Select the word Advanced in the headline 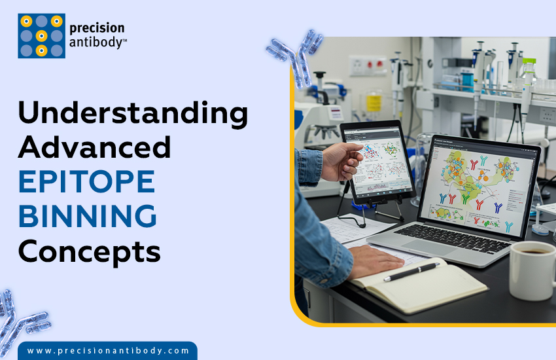(x=95, y=148)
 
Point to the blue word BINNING (x=88, y=217)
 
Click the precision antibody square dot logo (x=41, y=36)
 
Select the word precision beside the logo (x=97, y=28)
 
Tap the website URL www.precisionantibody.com (x=109, y=351)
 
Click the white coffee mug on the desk (x=531, y=269)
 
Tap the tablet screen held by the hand (x=379, y=159)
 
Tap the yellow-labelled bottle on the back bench (x=374, y=101)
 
